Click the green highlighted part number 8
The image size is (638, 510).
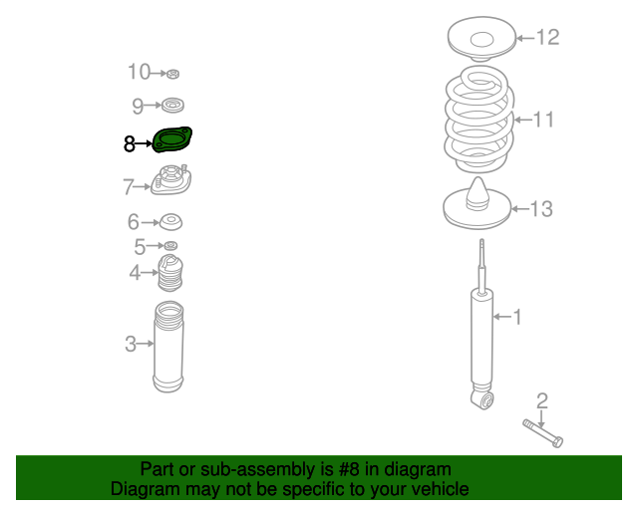(172, 139)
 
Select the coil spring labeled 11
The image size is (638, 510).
(478, 120)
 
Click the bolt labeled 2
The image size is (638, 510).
(543, 433)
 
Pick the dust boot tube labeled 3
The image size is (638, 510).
(168, 347)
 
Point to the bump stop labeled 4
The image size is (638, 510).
(170, 273)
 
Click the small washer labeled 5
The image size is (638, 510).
(170, 246)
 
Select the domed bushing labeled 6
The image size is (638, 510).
(170, 222)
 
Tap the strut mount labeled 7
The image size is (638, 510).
(171, 179)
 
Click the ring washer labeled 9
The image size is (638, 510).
(172, 106)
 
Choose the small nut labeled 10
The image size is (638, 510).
(172, 74)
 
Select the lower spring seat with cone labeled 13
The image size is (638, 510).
(477, 203)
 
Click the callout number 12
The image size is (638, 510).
(548, 38)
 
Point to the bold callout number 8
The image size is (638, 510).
(130, 143)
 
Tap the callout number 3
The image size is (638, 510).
(131, 344)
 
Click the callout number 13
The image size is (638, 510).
(541, 209)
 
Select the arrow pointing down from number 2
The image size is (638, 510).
(541, 419)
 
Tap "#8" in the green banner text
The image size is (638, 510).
(349, 469)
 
